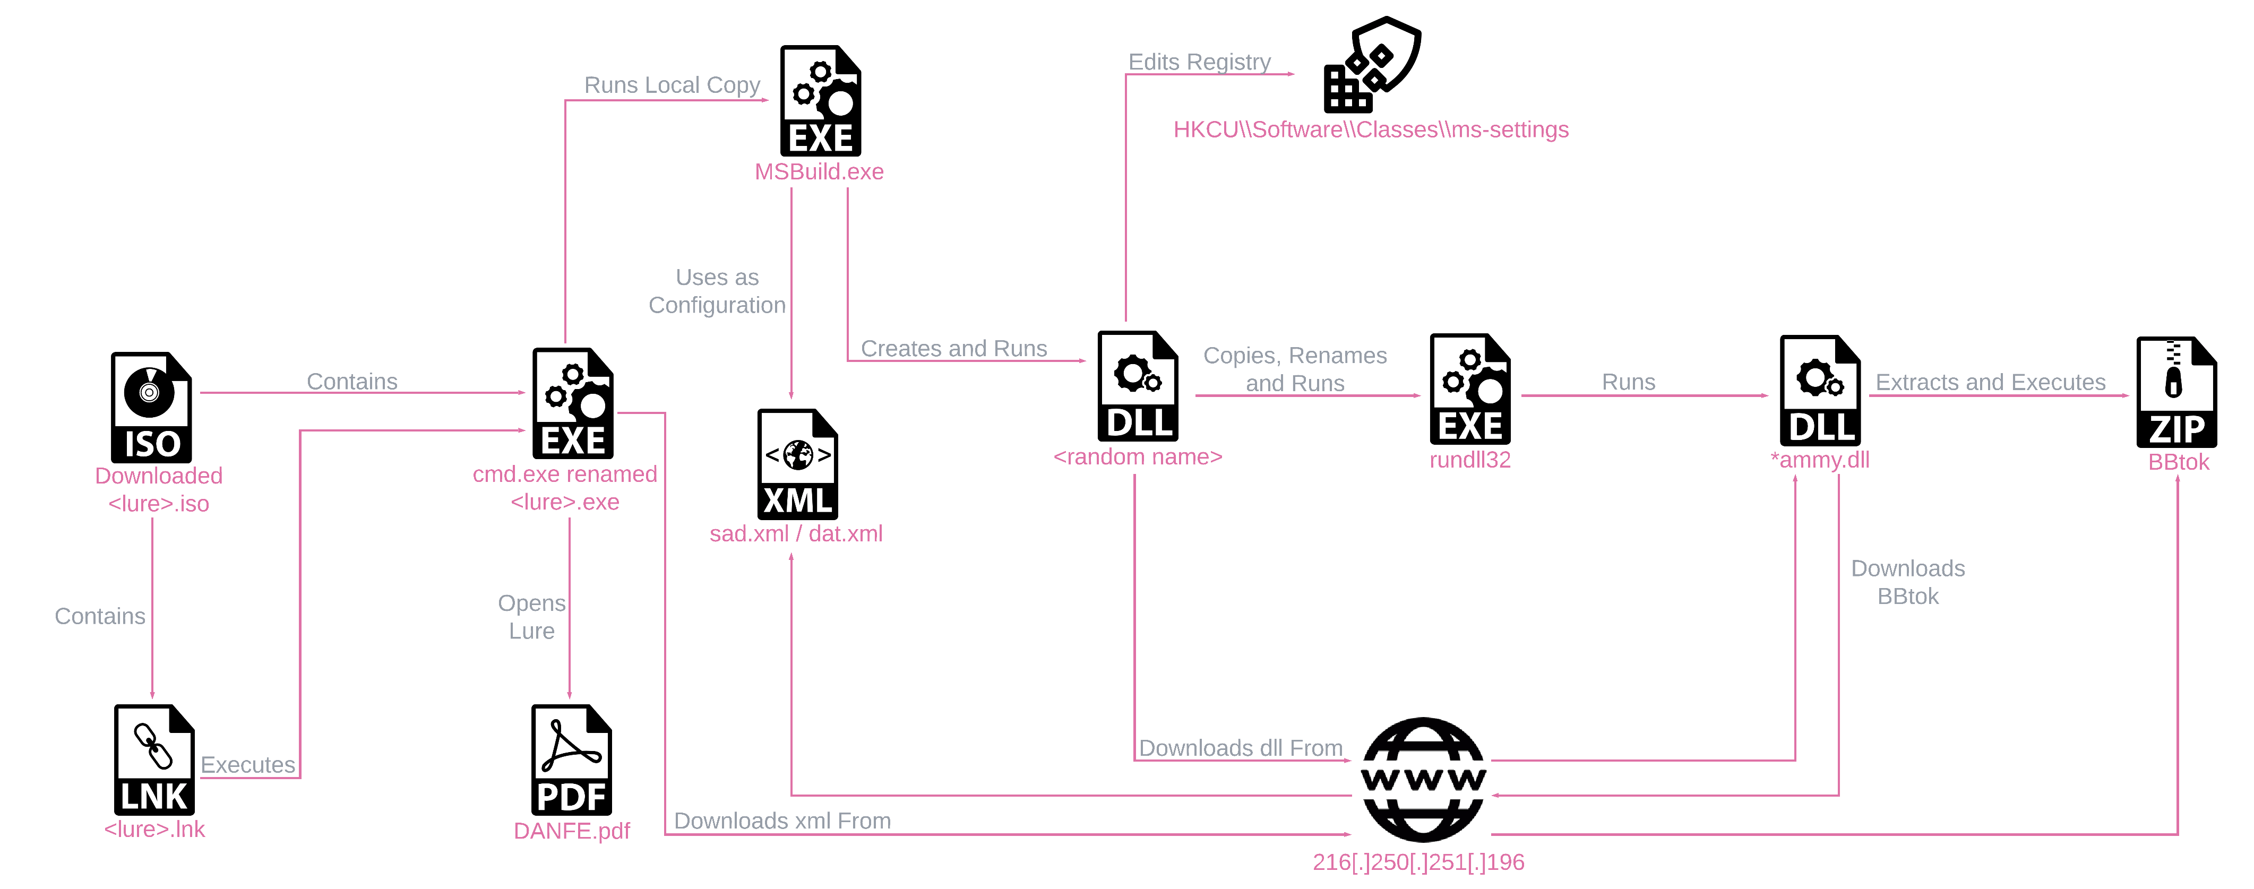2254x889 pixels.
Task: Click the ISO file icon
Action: [x=151, y=407]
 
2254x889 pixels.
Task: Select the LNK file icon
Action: [x=154, y=759]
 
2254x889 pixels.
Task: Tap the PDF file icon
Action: [x=571, y=759]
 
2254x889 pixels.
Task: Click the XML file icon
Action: [x=797, y=464]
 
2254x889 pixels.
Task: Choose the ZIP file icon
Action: [x=2176, y=392]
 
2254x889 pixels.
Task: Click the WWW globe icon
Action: [x=1423, y=779]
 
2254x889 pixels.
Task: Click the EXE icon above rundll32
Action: [x=1470, y=390]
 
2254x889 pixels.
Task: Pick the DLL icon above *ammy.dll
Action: [x=1820, y=390]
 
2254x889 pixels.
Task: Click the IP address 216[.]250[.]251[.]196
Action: [x=1418, y=862]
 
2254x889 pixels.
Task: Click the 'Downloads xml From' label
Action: [x=782, y=821]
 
